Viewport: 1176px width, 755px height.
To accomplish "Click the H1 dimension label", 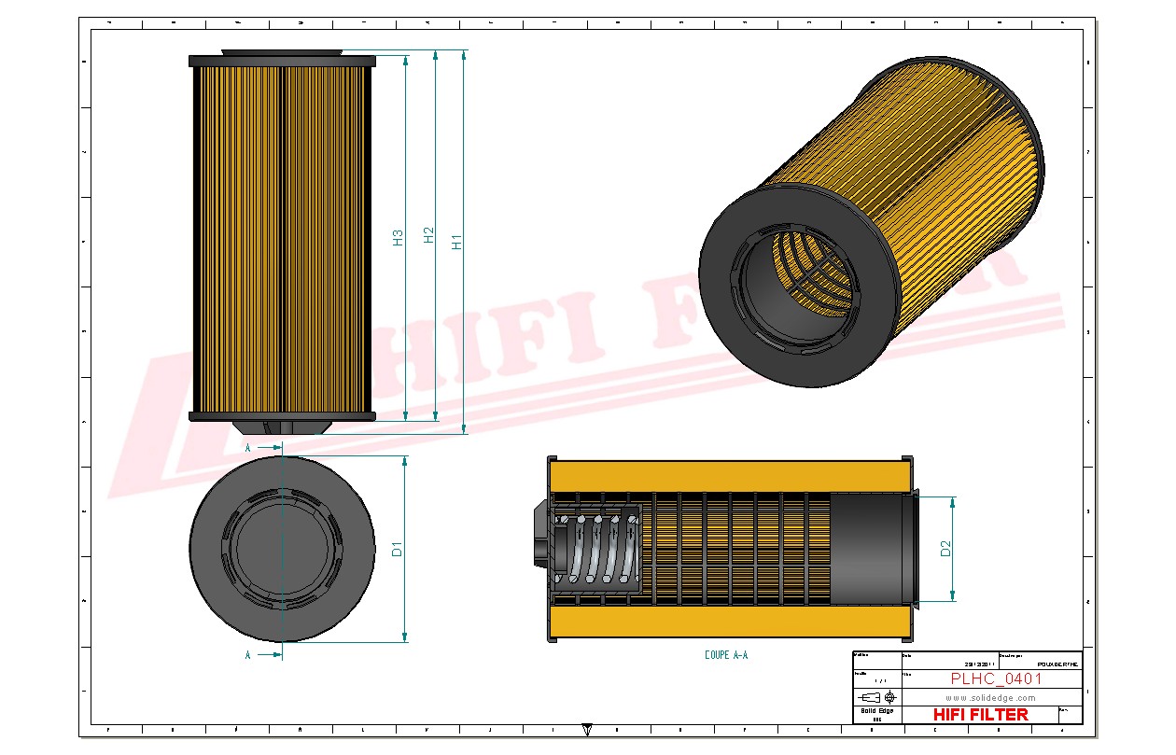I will point(456,241).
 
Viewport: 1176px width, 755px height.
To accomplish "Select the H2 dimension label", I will point(428,235).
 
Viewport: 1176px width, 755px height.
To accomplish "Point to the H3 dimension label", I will point(398,237).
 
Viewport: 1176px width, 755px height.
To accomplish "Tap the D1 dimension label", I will point(397,549).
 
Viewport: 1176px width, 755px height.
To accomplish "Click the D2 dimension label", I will point(945,549).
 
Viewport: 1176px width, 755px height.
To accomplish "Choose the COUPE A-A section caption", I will point(725,655).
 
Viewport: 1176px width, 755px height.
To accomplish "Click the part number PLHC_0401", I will point(995,678).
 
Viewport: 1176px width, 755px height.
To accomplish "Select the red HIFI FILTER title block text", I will point(980,714).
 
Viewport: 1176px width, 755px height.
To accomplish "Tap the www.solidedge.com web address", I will point(990,697).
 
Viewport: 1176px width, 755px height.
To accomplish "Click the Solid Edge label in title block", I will point(876,711).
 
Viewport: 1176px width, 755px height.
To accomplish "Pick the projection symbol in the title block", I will point(877,696).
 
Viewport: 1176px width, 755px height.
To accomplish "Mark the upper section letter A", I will point(248,448).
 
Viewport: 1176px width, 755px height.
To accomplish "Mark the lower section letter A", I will point(248,655).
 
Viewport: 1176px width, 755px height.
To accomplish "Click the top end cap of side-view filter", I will point(282,61).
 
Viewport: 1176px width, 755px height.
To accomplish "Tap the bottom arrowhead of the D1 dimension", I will point(404,637).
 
